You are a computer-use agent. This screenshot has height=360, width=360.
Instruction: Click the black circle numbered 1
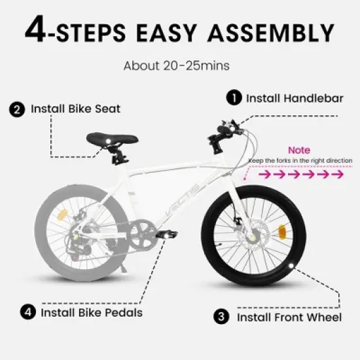[x=232, y=98]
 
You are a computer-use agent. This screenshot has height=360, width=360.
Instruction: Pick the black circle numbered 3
[x=223, y=317]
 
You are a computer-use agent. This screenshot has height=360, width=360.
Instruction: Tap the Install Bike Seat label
[x=76, y=109]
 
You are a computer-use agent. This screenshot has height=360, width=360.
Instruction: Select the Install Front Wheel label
[x=289, y=317]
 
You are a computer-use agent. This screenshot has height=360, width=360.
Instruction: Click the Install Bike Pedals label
[x=92, y=312]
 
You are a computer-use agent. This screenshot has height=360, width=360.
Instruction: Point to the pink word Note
[x=299, y=149]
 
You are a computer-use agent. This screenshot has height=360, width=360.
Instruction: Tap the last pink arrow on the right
[x=338, y=175]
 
